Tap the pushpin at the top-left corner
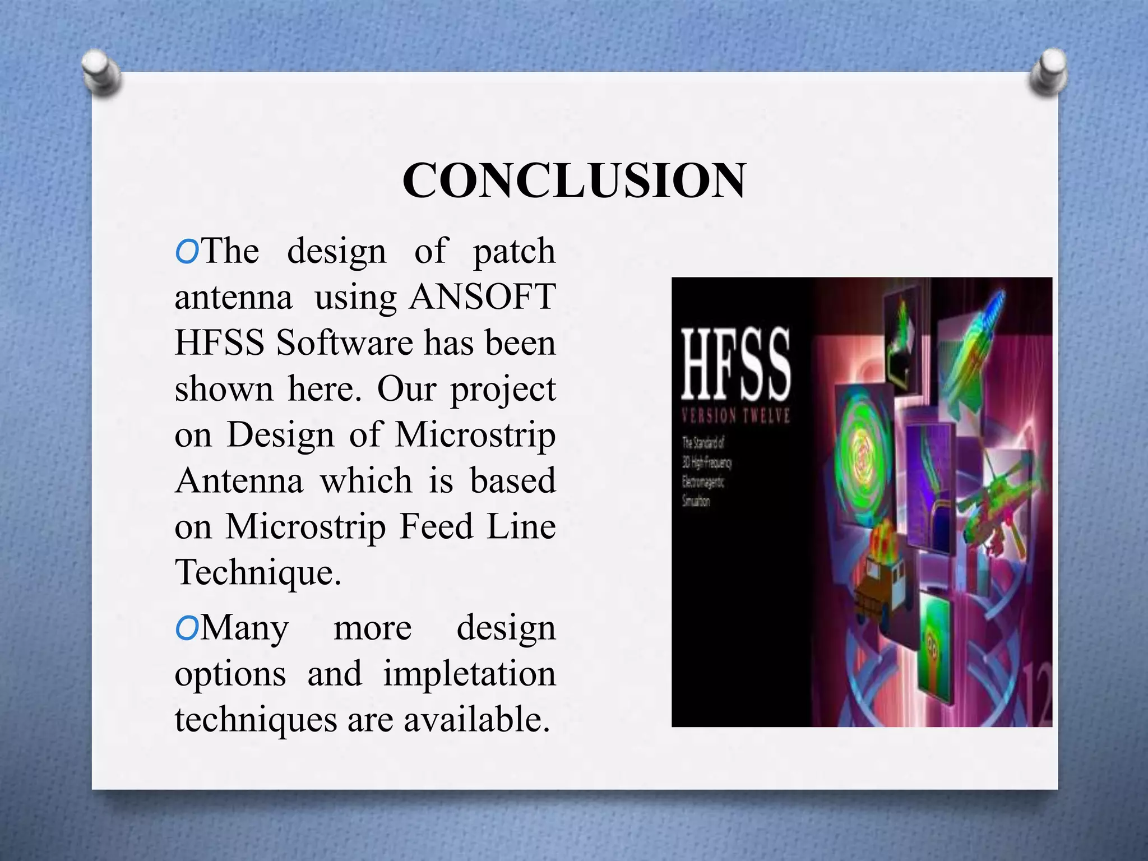(101, 73)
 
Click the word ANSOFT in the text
(483, 297)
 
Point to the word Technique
(258, 572)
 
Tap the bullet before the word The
(187, 253)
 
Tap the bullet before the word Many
(187, 629)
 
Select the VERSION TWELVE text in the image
(735, 416)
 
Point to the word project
(503, 388)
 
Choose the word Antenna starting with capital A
(239, 480)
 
